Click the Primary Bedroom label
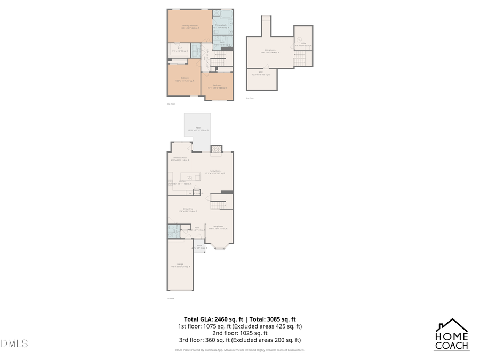(190, 26)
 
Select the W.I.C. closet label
(180, 51)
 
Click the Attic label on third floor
(261, 74)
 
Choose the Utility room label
(302, 44)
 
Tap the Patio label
(198, 129)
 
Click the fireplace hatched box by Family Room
(216, 149)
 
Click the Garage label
(180, 266)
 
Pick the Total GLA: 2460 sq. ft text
(209, 318)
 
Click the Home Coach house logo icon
(452, 325)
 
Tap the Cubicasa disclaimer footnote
(239, 350)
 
